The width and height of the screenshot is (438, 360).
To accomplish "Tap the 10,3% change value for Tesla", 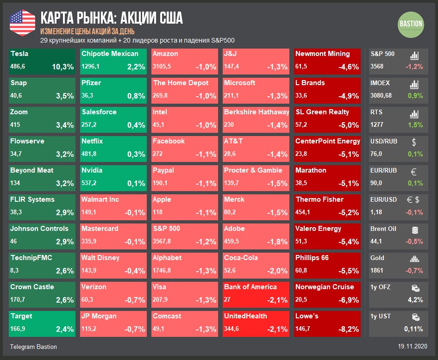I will pyautogui.click(x=63, y=67).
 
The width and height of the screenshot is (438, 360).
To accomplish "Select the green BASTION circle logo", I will pyautogui.click(x=411, y=24).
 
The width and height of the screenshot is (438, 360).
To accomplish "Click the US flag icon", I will pyautogui.click(x=22, y=22).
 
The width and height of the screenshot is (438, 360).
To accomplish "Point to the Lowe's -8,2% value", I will pyautogui.click(x=348, y=329).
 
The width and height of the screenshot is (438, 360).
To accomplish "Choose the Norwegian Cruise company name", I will pyautogui.click(x=325, y=287).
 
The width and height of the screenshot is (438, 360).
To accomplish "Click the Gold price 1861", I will pyautogui.click(x=377, y=270).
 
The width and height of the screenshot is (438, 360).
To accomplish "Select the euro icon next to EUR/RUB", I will pyautogui.click(x=414, y=172).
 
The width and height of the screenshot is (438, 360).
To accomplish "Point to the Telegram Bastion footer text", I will pyautogui.click(x=33, y=347).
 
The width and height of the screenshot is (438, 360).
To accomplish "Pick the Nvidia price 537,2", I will pyautogui.click(x=90, y=183).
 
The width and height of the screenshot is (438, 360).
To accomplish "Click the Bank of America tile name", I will pyautogui.click(x=250, y=287).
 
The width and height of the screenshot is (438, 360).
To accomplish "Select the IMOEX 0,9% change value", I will pyautogui.click(x=414, y=96).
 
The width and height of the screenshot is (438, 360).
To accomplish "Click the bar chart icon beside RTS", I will pyautogui.click(x=414, y=114).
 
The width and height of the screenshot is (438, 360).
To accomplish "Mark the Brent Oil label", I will pyautogui.click(x=383, y=229).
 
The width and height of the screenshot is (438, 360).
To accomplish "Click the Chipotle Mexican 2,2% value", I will pyautogui.click(x=136, y=67).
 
